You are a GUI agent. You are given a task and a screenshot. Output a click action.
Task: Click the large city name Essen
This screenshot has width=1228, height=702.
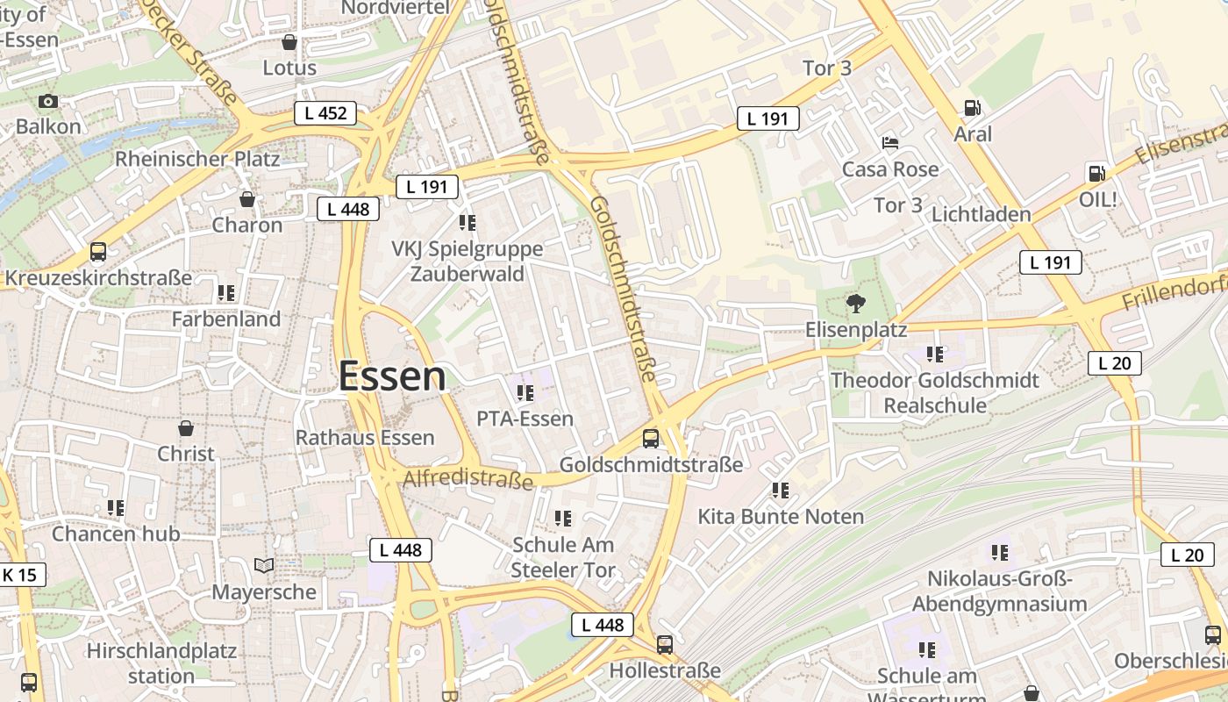point(392,376)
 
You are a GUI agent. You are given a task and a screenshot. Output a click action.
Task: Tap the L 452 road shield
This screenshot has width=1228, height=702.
point(325,112)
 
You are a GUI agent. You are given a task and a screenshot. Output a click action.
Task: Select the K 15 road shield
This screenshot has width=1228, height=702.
point(19,575)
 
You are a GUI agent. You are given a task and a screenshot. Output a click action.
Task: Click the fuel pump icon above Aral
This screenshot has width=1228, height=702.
point(972,108)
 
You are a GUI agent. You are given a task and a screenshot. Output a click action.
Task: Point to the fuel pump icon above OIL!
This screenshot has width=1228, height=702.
point(1096,173)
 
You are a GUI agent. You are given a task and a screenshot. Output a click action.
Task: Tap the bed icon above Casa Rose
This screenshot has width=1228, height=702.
point(889,143)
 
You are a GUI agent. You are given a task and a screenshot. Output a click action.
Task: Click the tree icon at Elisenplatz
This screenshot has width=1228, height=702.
point(855,304)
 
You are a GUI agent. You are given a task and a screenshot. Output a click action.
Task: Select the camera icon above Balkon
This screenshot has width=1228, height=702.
point(48,101)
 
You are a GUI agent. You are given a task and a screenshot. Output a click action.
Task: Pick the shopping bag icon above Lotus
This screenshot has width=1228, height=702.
point(289,42)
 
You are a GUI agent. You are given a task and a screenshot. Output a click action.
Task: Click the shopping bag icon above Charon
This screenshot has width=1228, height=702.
point(247,199)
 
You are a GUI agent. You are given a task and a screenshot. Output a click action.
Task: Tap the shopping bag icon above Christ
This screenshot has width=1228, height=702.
point(186,428)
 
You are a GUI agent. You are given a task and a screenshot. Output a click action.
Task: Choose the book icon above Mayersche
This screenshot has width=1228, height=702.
point(264,565)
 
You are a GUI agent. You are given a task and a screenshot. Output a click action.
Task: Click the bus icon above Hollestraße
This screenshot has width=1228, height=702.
point(665,645)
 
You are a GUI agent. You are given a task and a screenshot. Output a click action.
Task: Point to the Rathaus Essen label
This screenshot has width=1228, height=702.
point(365,437)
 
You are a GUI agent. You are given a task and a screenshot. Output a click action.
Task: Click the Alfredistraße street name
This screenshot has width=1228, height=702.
point(468,480)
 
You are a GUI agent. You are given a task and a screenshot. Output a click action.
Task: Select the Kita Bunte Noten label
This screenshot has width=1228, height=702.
point(781,516)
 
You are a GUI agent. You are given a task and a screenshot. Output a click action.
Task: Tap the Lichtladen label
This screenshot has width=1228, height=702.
point(982,214)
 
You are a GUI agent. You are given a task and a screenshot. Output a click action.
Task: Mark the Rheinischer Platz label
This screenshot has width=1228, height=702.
point(197,159)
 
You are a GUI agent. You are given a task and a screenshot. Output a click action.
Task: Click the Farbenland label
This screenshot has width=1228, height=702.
point(226,319)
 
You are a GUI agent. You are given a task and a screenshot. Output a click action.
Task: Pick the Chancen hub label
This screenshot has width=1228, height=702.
point(116,534)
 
